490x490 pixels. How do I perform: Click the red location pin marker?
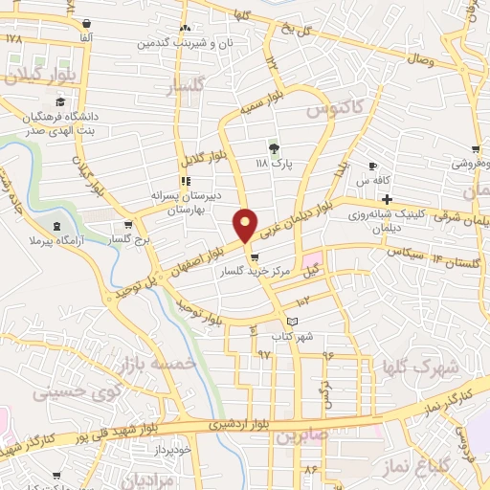click(x=246, y=224)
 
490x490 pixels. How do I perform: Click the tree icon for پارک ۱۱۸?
click(x=274, y=147)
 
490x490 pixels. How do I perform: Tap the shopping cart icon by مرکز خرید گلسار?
click(x=254, y=257)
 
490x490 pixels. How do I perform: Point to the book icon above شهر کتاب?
click(x=293, y=321)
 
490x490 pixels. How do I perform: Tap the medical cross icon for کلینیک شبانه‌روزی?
click(x=386, y=198)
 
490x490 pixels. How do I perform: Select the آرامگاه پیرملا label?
click(x=57, y=242)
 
